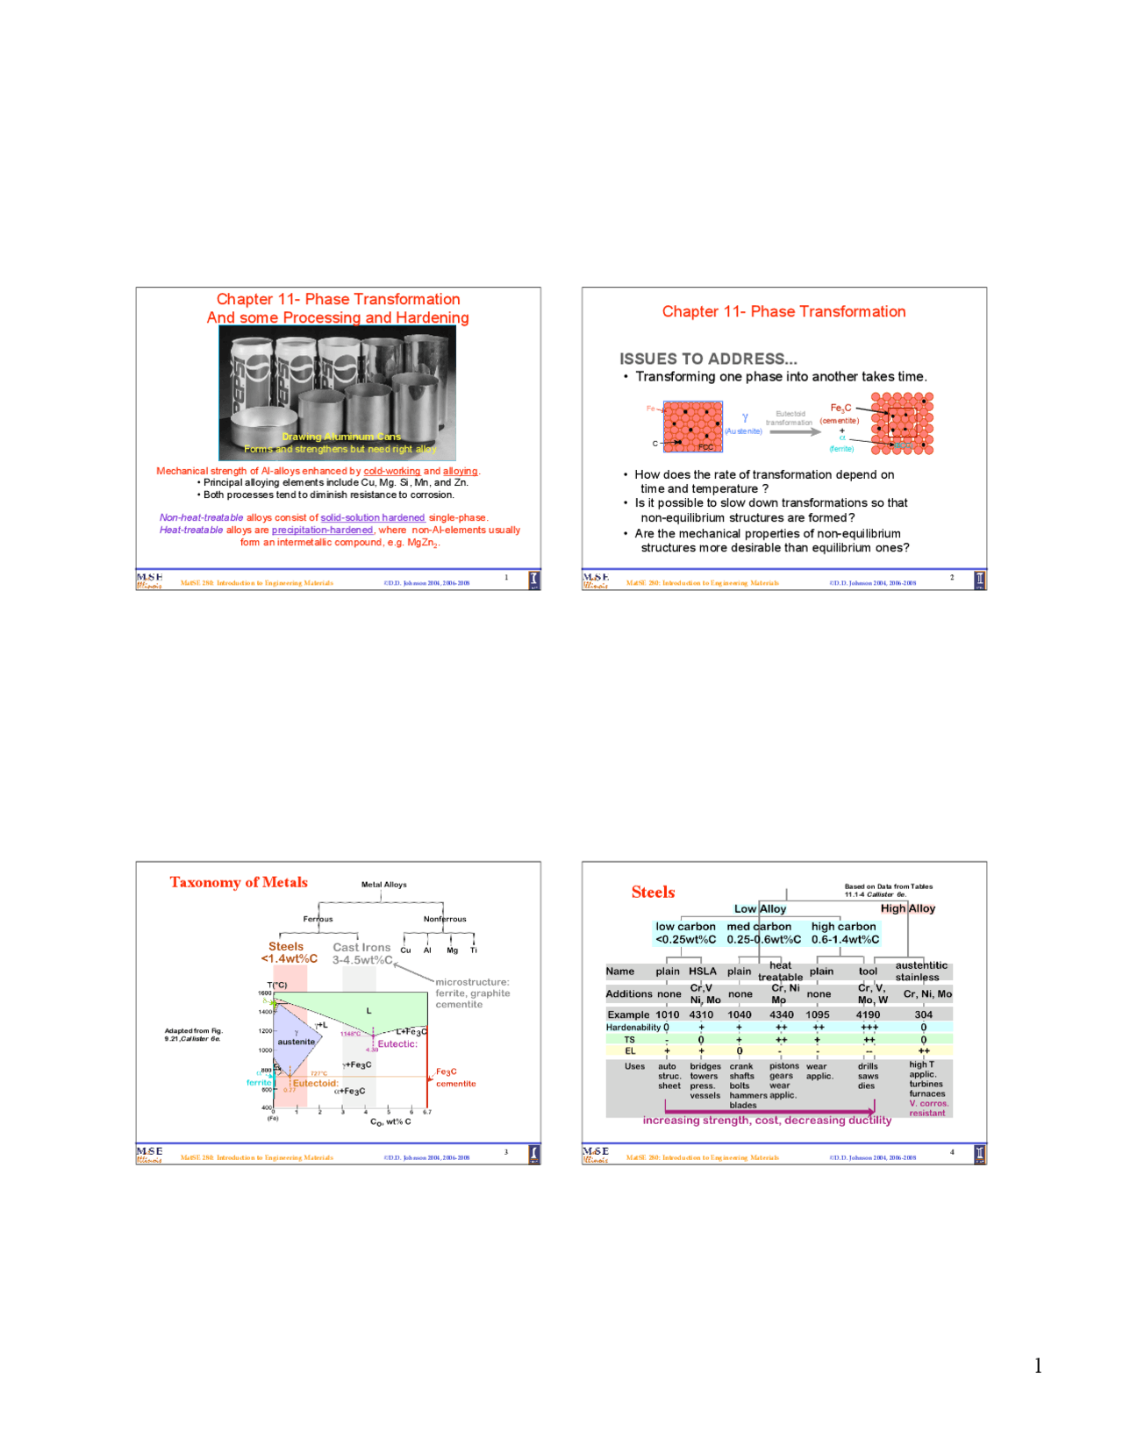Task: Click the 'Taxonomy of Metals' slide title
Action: point(239,882)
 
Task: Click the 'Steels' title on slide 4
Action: point(653,892)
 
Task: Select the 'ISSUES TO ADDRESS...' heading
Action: point(708,359)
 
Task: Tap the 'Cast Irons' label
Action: point(361,947)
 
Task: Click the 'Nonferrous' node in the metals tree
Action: point(445,919)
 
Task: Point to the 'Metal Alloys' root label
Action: point(384,885)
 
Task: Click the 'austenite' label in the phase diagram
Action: point(296,1042)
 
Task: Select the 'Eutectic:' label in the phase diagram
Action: point(397,1043)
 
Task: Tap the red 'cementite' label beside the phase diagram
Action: point(456,1084)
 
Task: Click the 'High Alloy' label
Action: point(908,908)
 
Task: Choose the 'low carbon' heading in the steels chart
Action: point(685,926)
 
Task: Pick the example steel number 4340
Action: point(781,1014)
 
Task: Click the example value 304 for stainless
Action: point(923,1014)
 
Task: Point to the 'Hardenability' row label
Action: point(633,1028)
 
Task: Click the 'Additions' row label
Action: point(628,994)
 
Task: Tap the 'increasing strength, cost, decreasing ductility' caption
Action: point(767,1120)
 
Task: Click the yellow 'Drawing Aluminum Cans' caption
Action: point(341,437)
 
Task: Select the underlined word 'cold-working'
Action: point(392,471)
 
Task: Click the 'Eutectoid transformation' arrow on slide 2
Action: point(790,431)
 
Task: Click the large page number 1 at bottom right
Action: point(1038,1365)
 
